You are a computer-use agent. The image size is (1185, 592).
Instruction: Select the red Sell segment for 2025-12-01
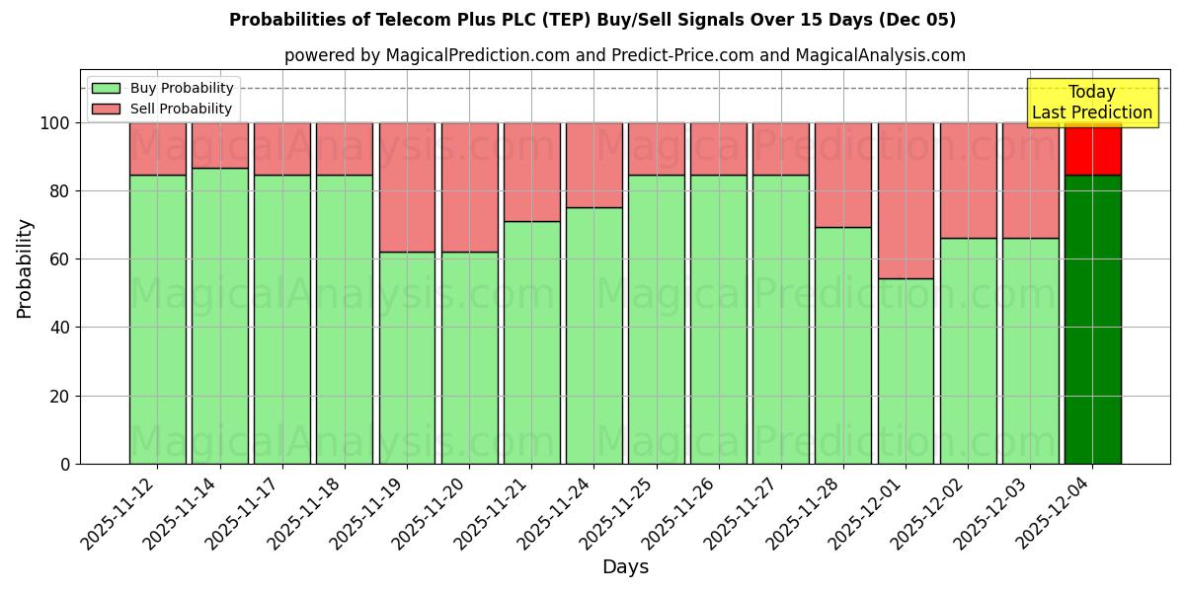pos(906,200)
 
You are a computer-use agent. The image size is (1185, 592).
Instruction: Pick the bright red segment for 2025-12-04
pos(1092,149)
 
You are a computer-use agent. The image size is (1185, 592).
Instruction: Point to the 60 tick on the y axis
pos(64,259)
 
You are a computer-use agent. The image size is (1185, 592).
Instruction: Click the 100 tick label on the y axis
pos(56,123)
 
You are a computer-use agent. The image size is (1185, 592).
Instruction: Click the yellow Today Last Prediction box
pos(1092,103)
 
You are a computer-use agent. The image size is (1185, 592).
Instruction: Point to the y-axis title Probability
pos(25,268)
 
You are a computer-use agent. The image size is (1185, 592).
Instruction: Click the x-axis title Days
pos(625,567)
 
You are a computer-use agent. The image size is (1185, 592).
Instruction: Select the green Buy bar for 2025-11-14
pos(219,316)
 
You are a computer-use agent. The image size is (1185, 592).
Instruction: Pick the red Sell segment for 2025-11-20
pos(469,187)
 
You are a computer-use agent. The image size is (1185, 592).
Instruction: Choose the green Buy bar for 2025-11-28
pos(843,345)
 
